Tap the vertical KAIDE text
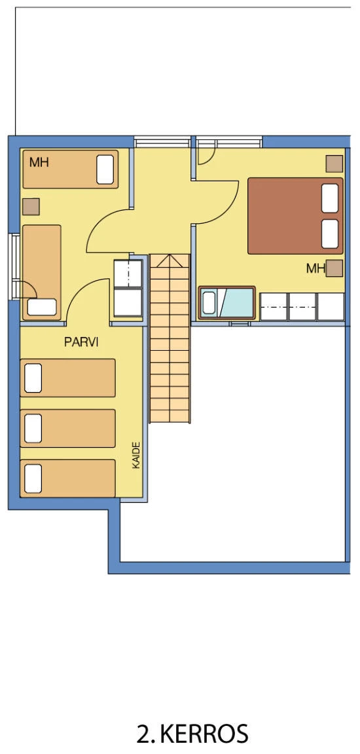(x=136, y=455)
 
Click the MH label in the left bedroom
(x=39, y=162)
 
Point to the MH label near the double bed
(x=315, y=268)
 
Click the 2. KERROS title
(x=192, y=734)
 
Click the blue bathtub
(x=226, y=302)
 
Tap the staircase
(x=170, y=338)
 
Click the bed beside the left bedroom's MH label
(x=70, y=170)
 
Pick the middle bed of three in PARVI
(x=68, y=428)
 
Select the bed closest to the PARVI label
(x=68, y=378)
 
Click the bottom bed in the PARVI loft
(x=68, y=478)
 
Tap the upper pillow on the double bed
(x=330, y=198)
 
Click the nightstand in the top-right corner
(x=334, y=164)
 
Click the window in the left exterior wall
(x=14, y=267)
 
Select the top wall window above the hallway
(x=162, y=142)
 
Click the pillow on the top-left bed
(x=105, y=170)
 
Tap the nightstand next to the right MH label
(x=334, y=268)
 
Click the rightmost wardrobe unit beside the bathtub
(x=331, y=306)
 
